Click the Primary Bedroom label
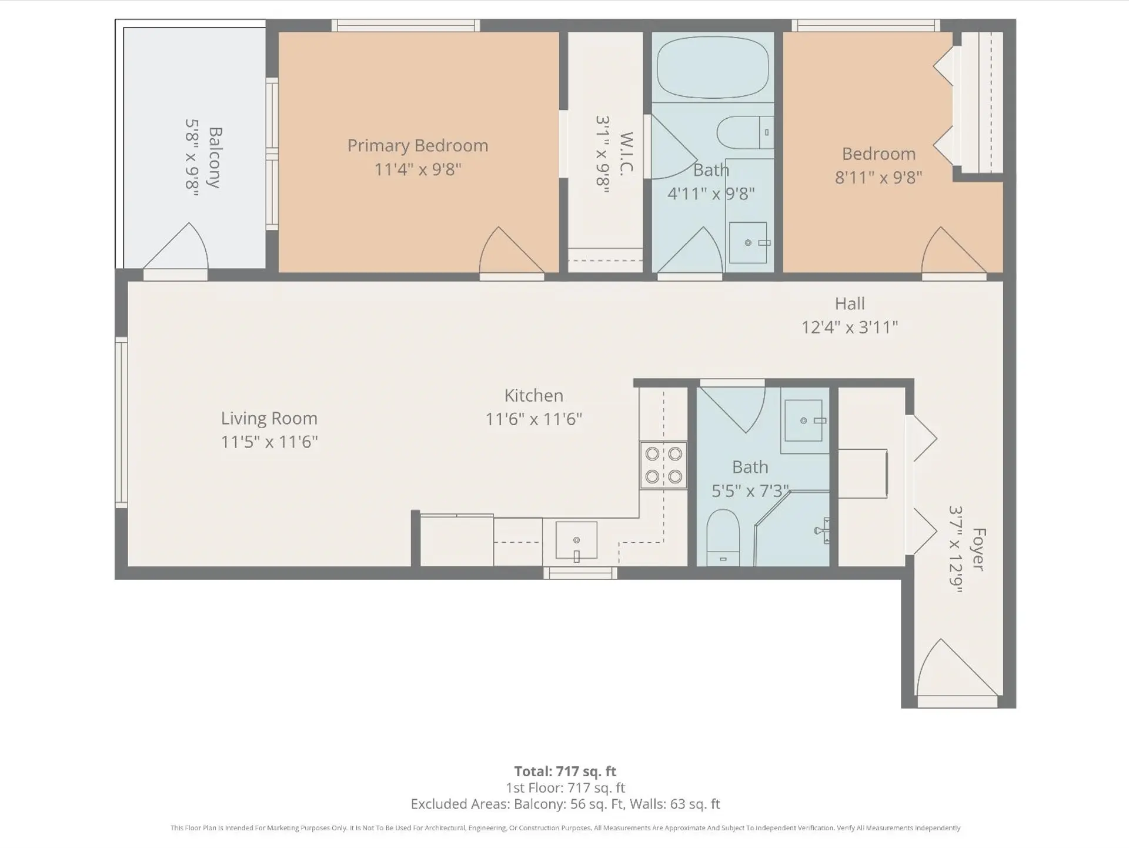417,146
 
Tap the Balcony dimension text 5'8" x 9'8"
192,157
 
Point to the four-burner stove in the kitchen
663,465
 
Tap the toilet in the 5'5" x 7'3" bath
723,536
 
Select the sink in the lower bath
803,420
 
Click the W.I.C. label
626,153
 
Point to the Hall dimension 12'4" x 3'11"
849,327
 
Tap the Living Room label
269,419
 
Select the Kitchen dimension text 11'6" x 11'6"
533,419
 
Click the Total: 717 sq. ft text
564,771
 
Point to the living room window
121,422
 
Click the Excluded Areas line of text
564,804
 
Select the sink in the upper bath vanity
748,242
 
